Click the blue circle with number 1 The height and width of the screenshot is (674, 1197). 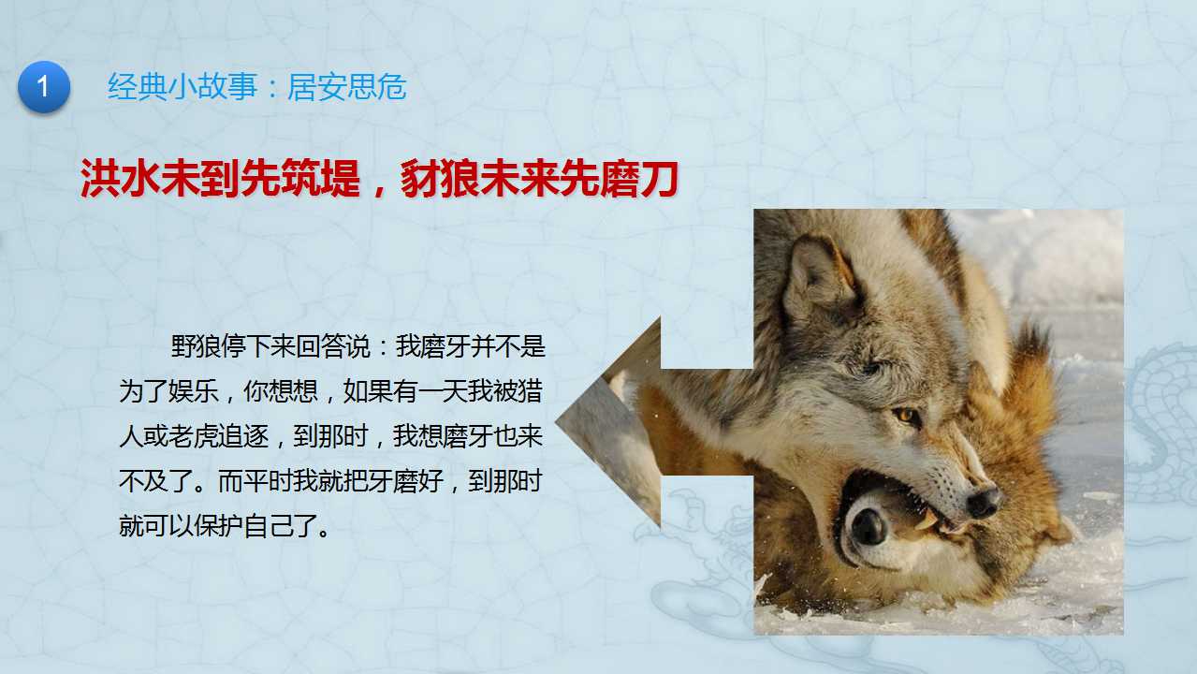(44, 86)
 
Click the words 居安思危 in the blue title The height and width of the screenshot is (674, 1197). (347, 86)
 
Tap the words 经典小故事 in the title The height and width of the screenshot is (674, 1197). (182, 86)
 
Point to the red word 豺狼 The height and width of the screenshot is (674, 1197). (440, 179)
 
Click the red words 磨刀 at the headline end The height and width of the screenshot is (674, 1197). (639, 179)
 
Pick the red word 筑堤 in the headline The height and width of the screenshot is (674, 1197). (320, 179)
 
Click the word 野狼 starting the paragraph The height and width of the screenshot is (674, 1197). (196, 346)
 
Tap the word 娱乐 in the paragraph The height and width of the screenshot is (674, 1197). (194, 391)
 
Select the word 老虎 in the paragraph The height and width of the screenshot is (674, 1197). (194, 436)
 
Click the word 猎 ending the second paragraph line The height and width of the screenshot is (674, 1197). (531, 391)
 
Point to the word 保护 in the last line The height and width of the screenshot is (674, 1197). (218, 526)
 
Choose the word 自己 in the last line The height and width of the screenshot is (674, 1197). (269, 526)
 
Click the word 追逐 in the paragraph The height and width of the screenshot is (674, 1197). (243, 436)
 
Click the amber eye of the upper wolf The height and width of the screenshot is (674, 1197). (905, 416)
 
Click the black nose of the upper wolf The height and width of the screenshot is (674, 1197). (982, 503)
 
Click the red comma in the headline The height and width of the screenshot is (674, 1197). (380, 190)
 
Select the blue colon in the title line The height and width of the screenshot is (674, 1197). (272, 88)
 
